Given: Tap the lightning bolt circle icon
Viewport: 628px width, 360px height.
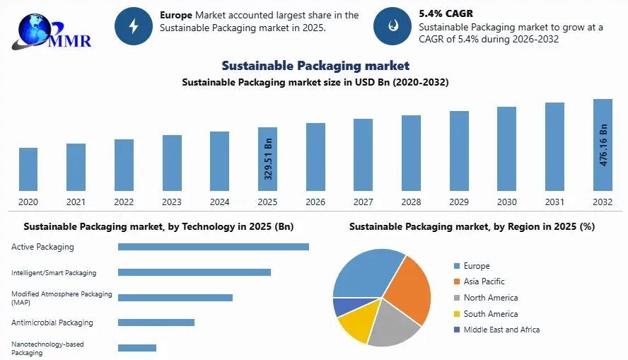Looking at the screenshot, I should tap(134, 26).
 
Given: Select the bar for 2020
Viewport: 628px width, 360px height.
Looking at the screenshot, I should tap(28, 169).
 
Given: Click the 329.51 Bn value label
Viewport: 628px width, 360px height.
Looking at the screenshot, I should tap(268, 161).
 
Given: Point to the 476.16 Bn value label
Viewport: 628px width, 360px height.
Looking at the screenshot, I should tap(603, 146).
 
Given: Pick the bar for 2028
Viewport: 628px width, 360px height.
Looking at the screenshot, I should tap(411, 153).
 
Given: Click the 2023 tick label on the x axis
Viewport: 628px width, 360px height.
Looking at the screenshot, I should tap(172, 202).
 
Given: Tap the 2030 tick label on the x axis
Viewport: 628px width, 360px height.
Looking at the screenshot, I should tap(506, 202).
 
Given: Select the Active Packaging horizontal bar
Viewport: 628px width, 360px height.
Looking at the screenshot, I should tap(213, 247).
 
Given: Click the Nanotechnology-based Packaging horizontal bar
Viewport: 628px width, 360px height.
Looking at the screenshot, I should tap(137, 348).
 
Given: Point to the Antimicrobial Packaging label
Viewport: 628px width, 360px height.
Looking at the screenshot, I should tap(52, 323).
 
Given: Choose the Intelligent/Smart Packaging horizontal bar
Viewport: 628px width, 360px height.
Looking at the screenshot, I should tap(194, 272).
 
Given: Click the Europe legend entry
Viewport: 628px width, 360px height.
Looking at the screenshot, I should tap(476, 266).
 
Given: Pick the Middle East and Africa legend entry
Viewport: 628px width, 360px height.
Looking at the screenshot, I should tap(501, 330).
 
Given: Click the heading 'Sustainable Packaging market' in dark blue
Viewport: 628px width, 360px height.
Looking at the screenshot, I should tap(315, 66).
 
